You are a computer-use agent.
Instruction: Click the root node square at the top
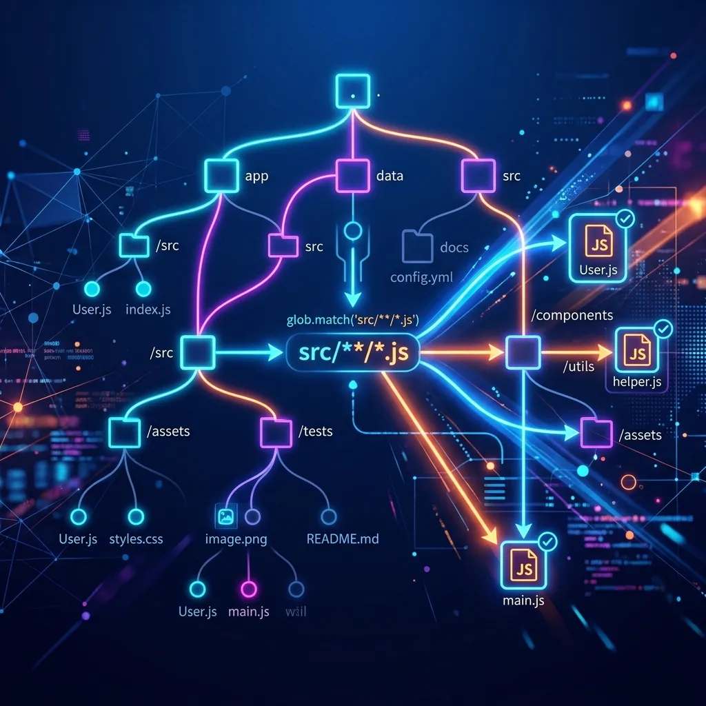pos(352,91)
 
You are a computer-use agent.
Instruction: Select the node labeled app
pos(222,175)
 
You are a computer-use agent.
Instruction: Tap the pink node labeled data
pos(352,175)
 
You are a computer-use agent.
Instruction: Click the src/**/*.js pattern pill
pos(354,353)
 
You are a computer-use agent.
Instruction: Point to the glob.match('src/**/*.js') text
pos(353,319)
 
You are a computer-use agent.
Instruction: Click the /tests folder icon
pos(276,432)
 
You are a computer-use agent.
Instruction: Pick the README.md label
pos(343,538)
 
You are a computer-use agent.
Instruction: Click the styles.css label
pos(136,538)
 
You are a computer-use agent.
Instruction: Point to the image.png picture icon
pos(225,516)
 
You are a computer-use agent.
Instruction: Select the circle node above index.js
pos(143,288)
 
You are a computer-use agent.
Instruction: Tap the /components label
pos(572,315)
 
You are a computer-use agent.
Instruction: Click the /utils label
pos(578,366)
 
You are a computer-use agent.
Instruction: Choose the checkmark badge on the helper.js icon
pos(663,330)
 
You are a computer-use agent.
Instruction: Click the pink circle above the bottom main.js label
pos(248,589)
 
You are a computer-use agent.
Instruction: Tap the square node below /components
pos(523,353)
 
